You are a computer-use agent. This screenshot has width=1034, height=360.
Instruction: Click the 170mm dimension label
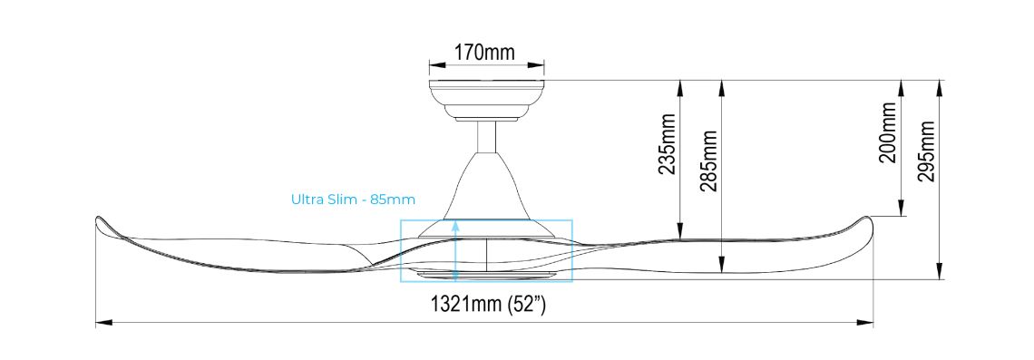tap(484, 52)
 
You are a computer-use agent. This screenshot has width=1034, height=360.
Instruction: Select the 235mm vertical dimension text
tap(668, 144)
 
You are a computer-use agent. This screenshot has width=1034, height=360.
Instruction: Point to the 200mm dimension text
tap(888, 132)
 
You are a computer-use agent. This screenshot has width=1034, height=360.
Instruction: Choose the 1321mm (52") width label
tap(487, 305)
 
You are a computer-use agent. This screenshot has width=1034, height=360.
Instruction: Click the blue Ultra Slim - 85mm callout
tap(353, 199)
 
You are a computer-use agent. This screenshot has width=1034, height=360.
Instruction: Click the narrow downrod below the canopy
tap(487, 137)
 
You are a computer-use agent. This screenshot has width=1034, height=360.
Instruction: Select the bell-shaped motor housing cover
tap(487, 190)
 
